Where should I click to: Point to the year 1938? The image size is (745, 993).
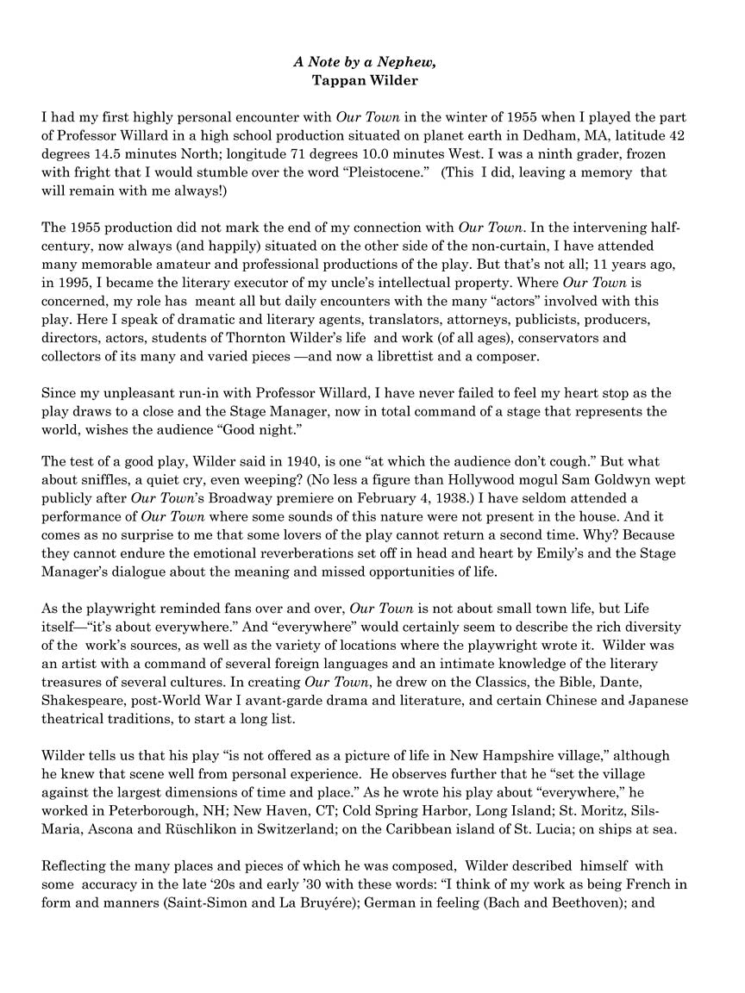[x=483, y=498]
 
